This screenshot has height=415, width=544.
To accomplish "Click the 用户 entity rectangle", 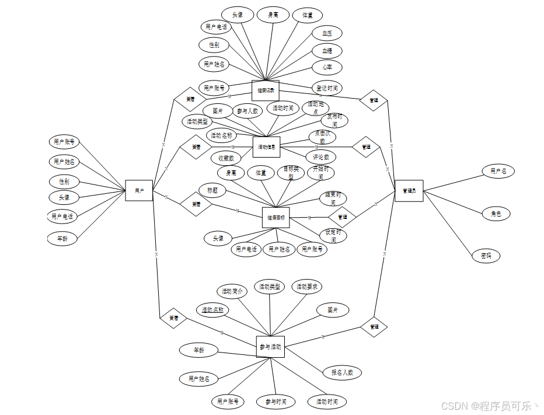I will pos(139,190).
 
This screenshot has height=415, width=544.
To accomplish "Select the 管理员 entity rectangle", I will pos(409,190).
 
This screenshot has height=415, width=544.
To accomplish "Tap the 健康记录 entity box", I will pos(266,90).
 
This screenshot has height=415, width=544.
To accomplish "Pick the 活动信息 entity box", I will pos(266,147).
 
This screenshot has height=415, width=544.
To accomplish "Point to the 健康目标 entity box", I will pos(276,217).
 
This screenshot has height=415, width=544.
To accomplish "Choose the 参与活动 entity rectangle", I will pos(270,347).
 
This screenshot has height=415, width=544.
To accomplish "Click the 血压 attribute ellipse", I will pos(327,33).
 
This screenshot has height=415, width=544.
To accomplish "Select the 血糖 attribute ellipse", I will pos(327,51).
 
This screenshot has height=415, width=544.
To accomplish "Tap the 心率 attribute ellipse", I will pos(327,67).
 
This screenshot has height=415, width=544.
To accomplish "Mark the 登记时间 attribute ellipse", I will pos(327,88).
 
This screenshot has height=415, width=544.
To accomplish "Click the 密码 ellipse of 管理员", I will pos(486,256).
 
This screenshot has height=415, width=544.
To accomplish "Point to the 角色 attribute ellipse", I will pos(496,214).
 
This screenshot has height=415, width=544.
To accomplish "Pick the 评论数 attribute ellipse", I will pos(321,157).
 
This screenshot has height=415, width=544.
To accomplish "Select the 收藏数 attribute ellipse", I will pos(226,158).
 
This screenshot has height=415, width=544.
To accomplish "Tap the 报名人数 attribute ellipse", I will pos(341,372).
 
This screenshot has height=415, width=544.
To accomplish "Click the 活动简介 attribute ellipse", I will pos(231,291).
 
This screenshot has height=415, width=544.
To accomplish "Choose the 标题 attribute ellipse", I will pos(212,190).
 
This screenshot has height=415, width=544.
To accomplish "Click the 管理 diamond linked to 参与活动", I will pos(374,327).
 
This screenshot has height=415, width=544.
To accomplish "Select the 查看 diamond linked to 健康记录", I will pos(190,99).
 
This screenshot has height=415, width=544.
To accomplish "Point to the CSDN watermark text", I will pos(489,406).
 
